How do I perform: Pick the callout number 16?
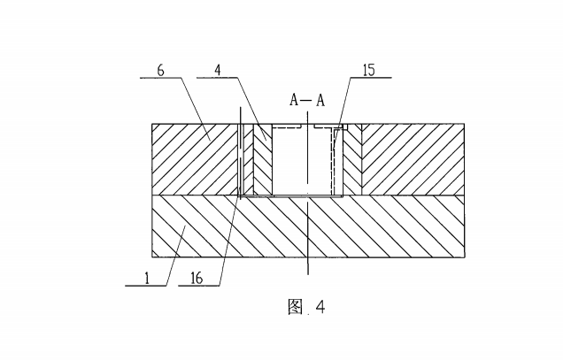coord(197,277)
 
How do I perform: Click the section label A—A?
coord(307,100)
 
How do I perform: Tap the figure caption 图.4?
coord(306,307)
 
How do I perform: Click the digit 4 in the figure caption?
coord(320,307)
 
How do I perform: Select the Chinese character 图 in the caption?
coord(296,307)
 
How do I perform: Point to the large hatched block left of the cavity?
coord(195,159)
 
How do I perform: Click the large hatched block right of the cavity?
coord(413,159)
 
